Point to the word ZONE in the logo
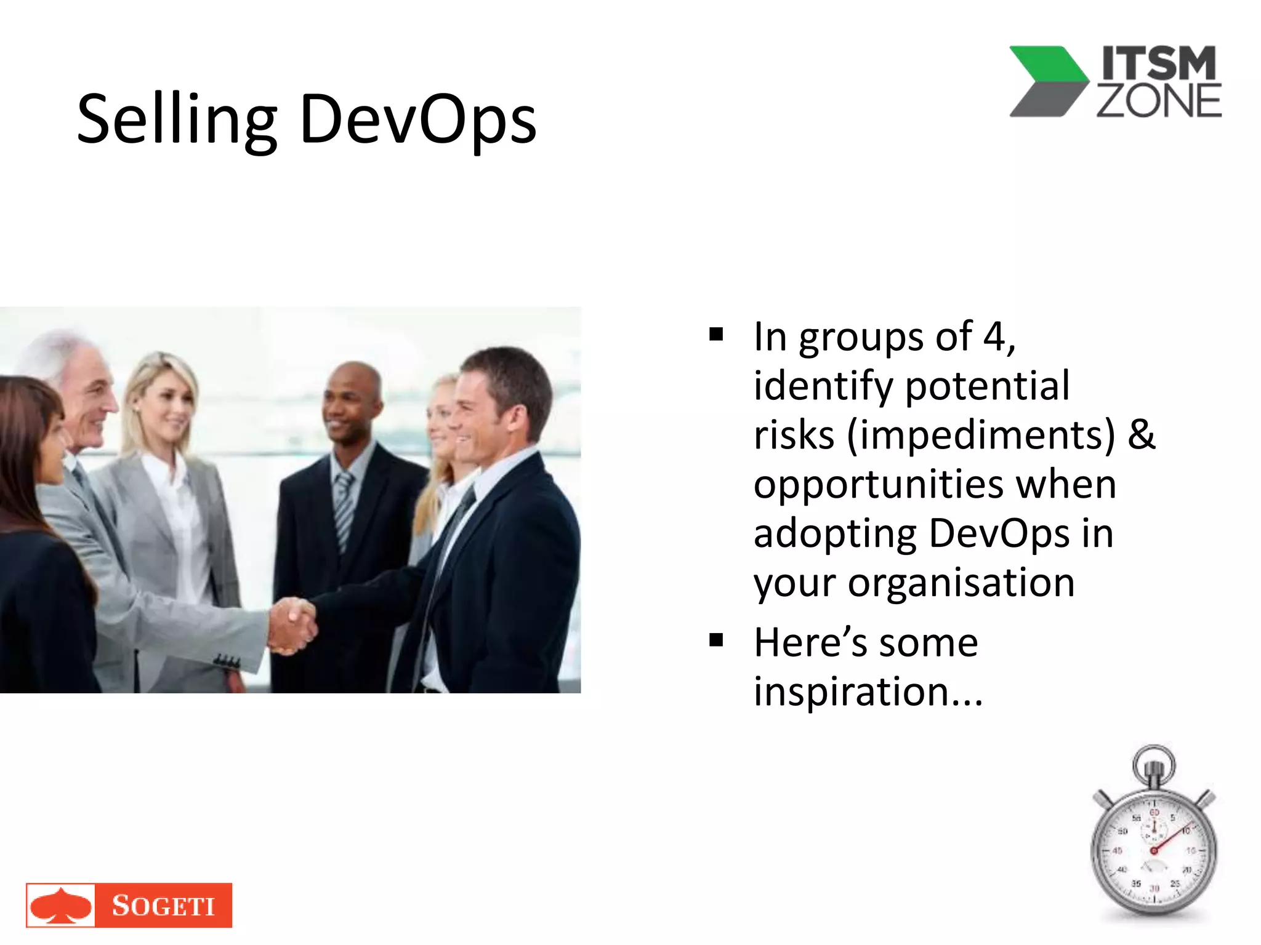pos(1159,101)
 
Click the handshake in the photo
pos(292,625)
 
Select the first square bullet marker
pos(716,335)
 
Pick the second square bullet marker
pos(716,640)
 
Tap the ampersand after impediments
pos(1141,435)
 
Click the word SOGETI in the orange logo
pos(163,906)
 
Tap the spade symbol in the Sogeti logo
pos(61,906)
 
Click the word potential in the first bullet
pos(988,386)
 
